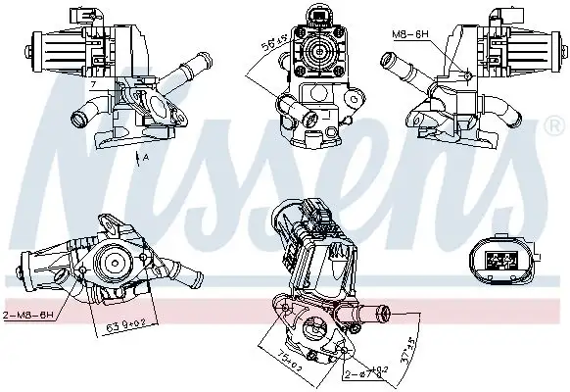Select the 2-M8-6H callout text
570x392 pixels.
click(30, 316)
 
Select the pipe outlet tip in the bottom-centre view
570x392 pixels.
click(384, 314)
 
